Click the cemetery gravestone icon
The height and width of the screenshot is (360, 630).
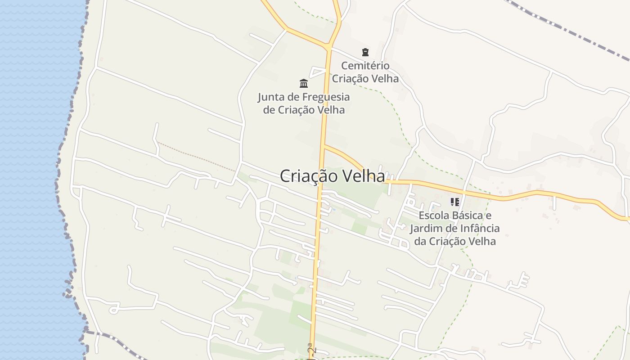click(365, 52)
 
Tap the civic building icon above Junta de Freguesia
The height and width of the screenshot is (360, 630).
click(304, 83)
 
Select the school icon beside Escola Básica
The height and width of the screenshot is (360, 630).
click(454, 202)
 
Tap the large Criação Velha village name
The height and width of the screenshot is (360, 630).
click(332, 176)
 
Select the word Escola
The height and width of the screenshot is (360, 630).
click(434, 216)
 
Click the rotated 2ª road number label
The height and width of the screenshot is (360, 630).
click(311, 349)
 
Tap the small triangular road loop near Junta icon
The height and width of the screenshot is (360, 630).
click(318, 72)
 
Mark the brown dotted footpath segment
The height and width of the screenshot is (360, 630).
click(196, 156)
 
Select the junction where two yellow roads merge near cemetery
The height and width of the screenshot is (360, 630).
click(329, 46)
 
